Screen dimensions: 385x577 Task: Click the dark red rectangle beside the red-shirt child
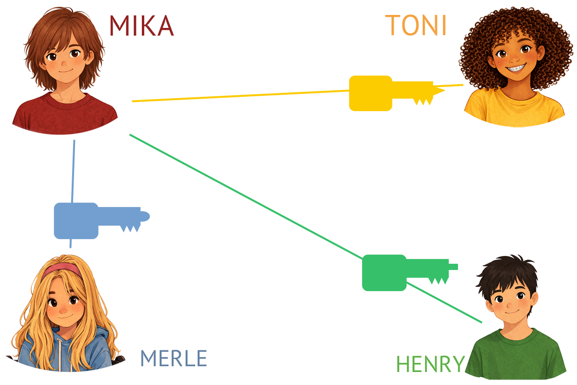click(142, 25)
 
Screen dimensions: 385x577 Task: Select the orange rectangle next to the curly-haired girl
click(415, 25)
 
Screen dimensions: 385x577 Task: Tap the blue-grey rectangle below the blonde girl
click(174, 358)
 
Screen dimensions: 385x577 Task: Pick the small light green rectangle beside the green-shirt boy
click(430, 363)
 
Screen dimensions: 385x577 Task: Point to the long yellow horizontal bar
click(240, 93)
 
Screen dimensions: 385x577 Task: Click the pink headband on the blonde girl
click(60, 269)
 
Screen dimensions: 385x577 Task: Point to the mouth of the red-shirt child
click(65, 71)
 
